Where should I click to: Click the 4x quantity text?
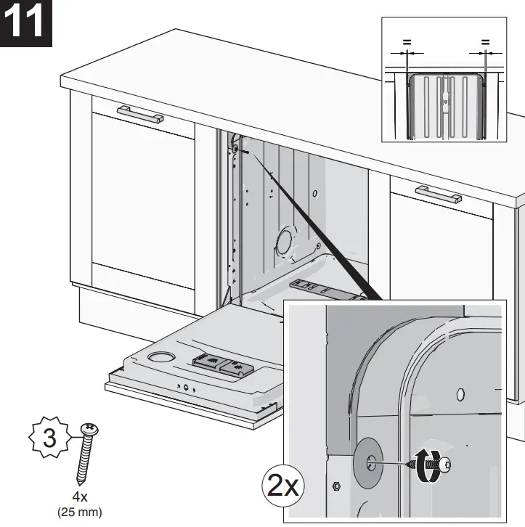pos(79,498)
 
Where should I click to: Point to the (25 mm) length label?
pos(79,512)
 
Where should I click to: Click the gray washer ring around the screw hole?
pos(371,460)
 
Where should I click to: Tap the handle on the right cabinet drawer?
pos(438,194)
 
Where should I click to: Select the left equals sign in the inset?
pos(406,43)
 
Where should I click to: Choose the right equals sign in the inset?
pos(484,43)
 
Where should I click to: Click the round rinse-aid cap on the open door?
pos(158,357)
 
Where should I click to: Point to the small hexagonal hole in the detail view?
pos(460,394)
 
